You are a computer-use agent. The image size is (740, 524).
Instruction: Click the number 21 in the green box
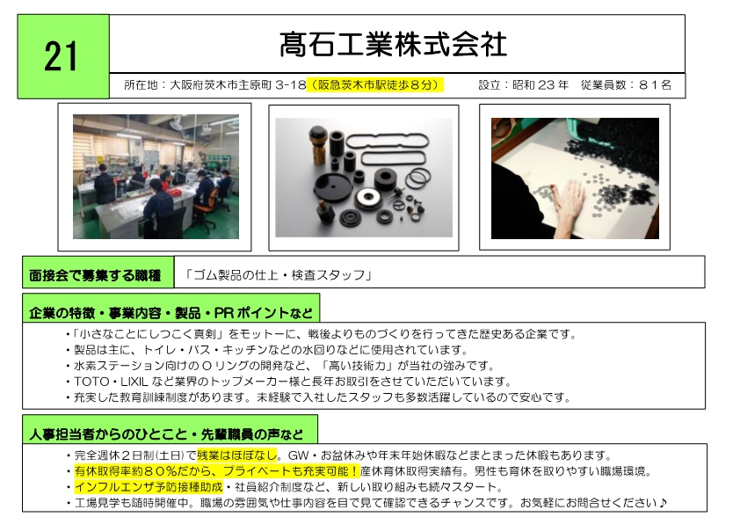pos(61,56)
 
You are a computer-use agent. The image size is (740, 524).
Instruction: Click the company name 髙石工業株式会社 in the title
pos(393,45)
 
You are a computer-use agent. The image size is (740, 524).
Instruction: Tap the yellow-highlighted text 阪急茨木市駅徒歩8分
pos(375,85)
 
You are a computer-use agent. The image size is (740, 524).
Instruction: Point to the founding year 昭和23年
pos(540,85)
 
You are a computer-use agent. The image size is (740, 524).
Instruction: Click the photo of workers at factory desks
pos(156,177)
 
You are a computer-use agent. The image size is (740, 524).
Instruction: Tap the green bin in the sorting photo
pos(580,128)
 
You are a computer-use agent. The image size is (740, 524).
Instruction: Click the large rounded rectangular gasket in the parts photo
pos(388,142)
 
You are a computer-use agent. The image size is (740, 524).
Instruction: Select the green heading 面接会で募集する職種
pos(95,275)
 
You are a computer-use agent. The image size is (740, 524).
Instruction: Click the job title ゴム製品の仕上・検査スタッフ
pos(278,274)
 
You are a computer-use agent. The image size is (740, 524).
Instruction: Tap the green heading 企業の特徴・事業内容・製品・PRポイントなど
pos(170,313)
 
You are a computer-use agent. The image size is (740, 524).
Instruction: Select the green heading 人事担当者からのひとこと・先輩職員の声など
pos(166,433)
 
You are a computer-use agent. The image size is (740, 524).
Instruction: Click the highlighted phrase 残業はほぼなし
pos(237,455)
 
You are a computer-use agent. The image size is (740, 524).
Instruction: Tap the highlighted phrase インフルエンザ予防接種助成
pos(149,487)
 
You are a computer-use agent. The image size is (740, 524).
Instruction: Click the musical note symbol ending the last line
pos(663,502)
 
